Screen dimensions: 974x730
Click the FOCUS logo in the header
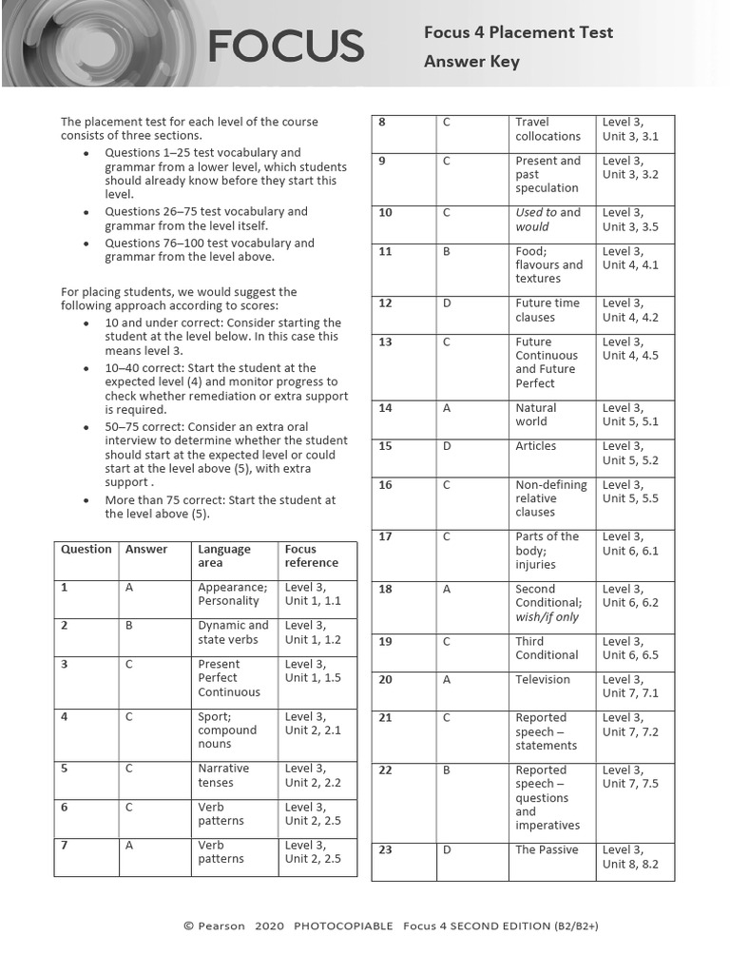coord(285,46)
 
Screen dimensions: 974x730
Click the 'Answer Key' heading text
coord(471,62)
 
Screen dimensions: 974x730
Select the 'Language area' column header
coord(224,555)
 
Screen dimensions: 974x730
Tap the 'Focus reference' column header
coord(311,555)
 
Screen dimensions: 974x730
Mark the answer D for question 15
coord(447,446)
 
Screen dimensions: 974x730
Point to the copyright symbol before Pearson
coord(188,925)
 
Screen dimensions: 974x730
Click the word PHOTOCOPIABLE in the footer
coord(343,925)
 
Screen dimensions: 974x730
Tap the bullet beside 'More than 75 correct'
coord(86,500)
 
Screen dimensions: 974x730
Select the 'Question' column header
coord(86,550)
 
